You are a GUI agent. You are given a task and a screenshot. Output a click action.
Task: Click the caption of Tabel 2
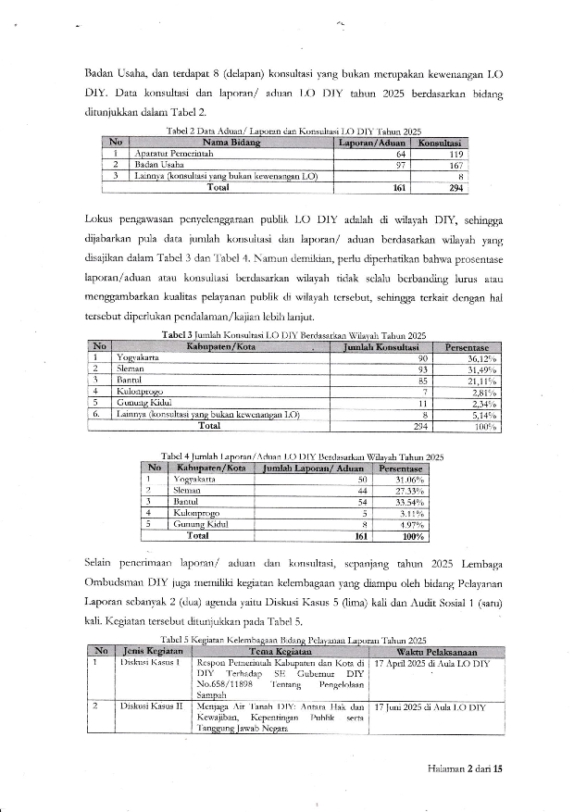pos(293,131)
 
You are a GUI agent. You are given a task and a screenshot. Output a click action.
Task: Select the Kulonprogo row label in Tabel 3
pos(137,392)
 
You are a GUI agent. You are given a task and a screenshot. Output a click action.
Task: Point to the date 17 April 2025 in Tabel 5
pos(418,664)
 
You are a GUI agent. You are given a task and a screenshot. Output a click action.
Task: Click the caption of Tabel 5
pos(293,640)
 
